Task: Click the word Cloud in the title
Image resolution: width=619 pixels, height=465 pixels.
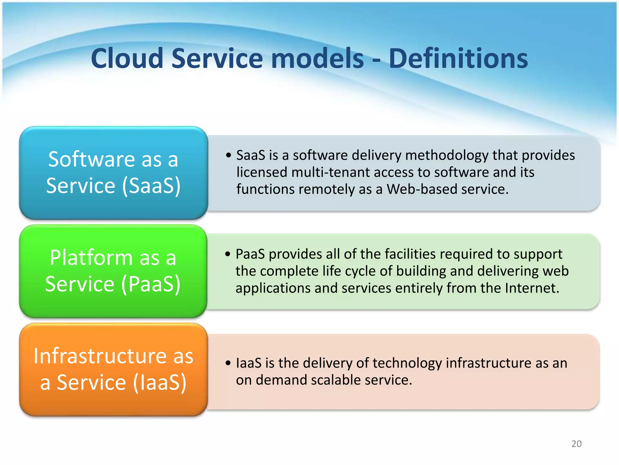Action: click(x=127, y=58)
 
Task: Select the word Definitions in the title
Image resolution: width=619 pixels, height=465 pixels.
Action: click(x=458, y=58)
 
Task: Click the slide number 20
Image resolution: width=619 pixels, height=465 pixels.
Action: click(x=576, y=444)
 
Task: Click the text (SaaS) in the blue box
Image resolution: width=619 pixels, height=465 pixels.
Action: click(x=151, y=186)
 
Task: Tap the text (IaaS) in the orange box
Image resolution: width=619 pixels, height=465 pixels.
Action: click(x=159, y=382)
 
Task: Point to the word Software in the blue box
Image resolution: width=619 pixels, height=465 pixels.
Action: click(x=92, y=159)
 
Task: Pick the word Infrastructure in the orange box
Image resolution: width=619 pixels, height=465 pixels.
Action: click(x=100, y=356)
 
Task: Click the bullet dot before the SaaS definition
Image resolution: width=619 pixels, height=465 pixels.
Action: click(x=228, y=155)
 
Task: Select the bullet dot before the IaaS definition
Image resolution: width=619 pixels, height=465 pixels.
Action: click(x=228, y=363)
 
